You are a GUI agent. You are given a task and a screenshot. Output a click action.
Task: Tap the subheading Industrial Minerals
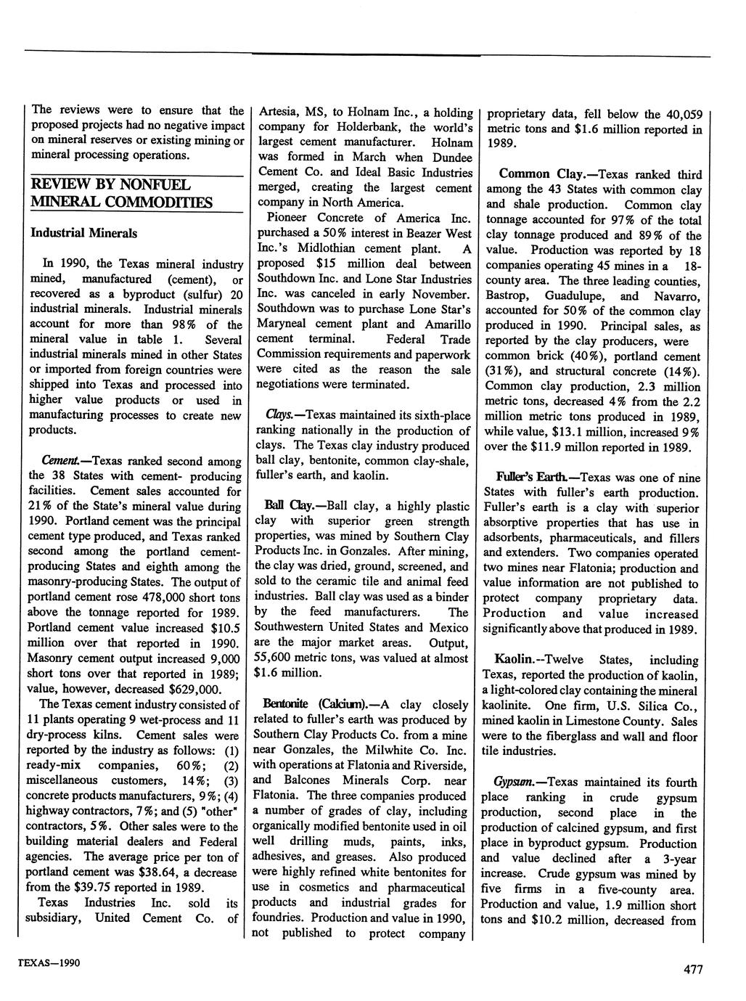pos(83,234)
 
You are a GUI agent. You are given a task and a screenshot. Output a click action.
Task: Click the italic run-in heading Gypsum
pos(514,782)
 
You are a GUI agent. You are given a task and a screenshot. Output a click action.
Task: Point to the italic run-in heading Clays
pos(279,414)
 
